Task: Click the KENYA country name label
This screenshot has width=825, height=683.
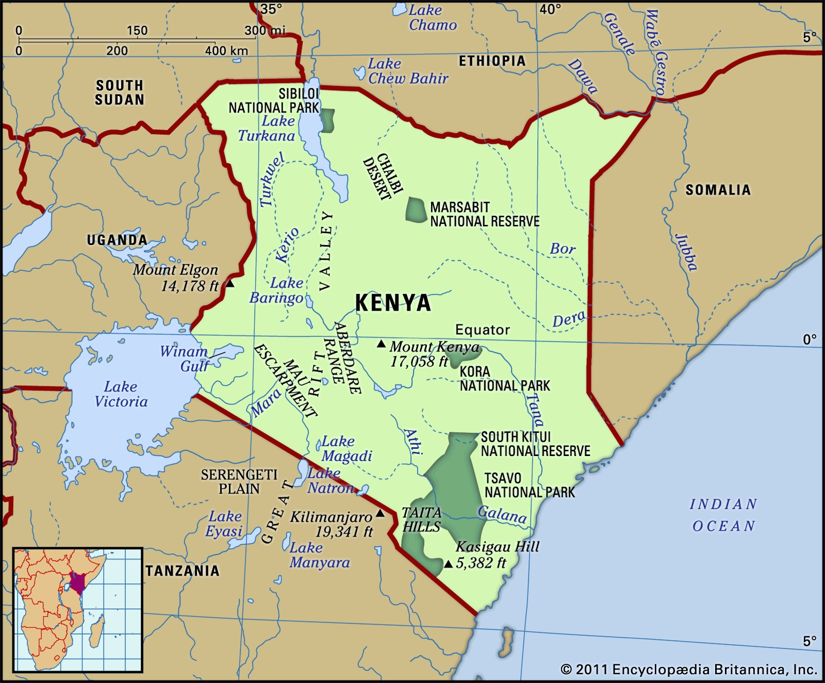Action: pyautogui.click(x=393, y=302)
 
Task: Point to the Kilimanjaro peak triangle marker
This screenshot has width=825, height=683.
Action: pyautogui.click(x=380, y=513)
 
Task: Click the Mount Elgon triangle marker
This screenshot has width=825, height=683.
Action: pyautogui.click(x=230, y=284)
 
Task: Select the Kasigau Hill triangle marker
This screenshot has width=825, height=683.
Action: pyautogui.click(x=448, y=564)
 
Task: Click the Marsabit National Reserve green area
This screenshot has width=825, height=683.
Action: pyautogui.click(x=416, y=210)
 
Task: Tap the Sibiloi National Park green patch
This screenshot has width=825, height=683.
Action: pyautogui.click(x=327, y=120)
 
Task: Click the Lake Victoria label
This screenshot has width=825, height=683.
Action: pyautogui.click(x=121, y=394)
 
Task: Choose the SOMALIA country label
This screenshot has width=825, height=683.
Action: pyautogui.click(x=717, y=190)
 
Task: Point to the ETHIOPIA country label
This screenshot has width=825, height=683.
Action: pyautogui.click(x=492, y=61)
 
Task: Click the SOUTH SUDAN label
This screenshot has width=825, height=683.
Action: pyautogui.click(x=119, y=92)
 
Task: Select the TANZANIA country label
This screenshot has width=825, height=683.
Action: pyautogui.click(x=183, y=571)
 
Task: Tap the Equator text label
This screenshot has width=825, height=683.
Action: pyautogui.click(x=482, y=330)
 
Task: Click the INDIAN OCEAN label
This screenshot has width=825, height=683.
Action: pyautogui.click(x=723, y=515)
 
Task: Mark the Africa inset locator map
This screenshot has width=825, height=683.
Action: pyautogui.click(x=78, y=610)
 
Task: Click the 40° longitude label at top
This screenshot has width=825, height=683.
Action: pyautogui.click(x=550, y=9)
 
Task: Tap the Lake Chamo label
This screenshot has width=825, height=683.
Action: pyautogui.click(x=433, y=18)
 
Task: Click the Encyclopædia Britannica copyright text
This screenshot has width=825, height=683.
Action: pyautogui.click(x=688, y=670)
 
